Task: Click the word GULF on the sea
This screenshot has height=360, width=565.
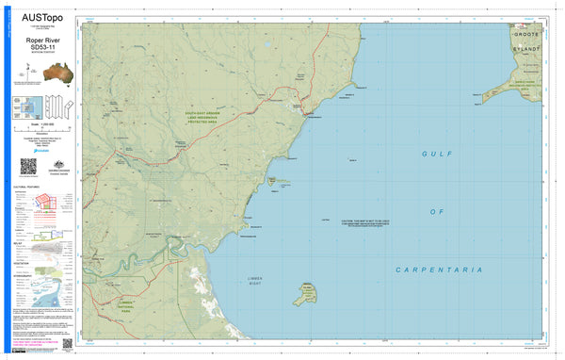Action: (439, 152)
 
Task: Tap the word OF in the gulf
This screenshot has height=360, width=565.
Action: (437, 211)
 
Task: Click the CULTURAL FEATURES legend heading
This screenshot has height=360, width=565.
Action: (26, 188)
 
